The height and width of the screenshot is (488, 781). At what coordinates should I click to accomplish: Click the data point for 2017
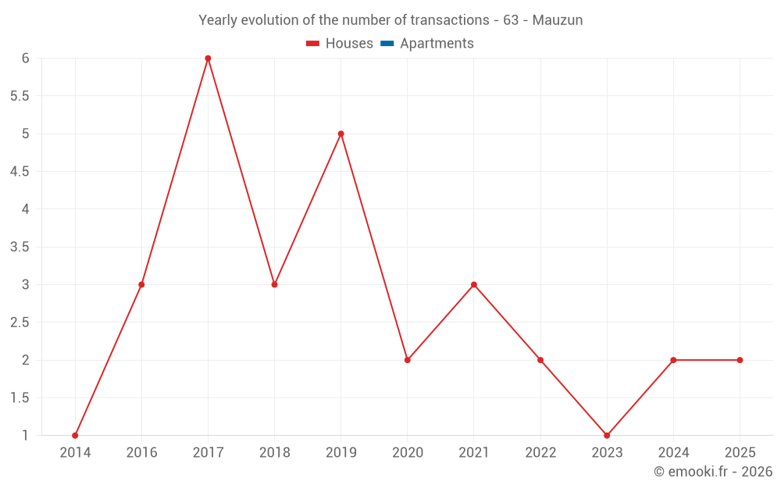click(208, 58)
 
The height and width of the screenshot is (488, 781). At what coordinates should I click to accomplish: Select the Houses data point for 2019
click(341, 134)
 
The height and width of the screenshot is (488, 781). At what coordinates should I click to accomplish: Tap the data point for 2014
click(75, 436)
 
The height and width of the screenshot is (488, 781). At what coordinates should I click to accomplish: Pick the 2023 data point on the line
click(607, 436)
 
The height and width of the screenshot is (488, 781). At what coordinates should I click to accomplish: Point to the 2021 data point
click(474, 284)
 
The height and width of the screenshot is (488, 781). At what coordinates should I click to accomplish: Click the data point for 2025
click(740, 360)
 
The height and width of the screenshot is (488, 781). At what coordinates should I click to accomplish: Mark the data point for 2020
click(408, 360)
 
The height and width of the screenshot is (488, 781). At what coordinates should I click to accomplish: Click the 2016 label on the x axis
click(141, 453)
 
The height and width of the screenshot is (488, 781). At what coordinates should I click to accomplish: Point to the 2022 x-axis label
click(540, 453)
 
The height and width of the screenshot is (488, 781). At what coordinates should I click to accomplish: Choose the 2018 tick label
click(274, 453)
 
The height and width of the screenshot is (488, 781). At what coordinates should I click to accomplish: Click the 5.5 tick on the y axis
click(20, 96)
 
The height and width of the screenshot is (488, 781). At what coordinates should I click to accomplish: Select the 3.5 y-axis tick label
click(20, 247)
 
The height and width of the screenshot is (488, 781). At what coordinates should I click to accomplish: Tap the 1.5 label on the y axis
click(20, 398)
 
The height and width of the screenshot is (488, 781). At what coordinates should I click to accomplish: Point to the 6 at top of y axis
click(25, 58)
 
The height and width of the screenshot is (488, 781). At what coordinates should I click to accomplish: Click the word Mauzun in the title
click(558, 20)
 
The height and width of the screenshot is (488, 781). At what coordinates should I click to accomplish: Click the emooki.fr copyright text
click(713, 472)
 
